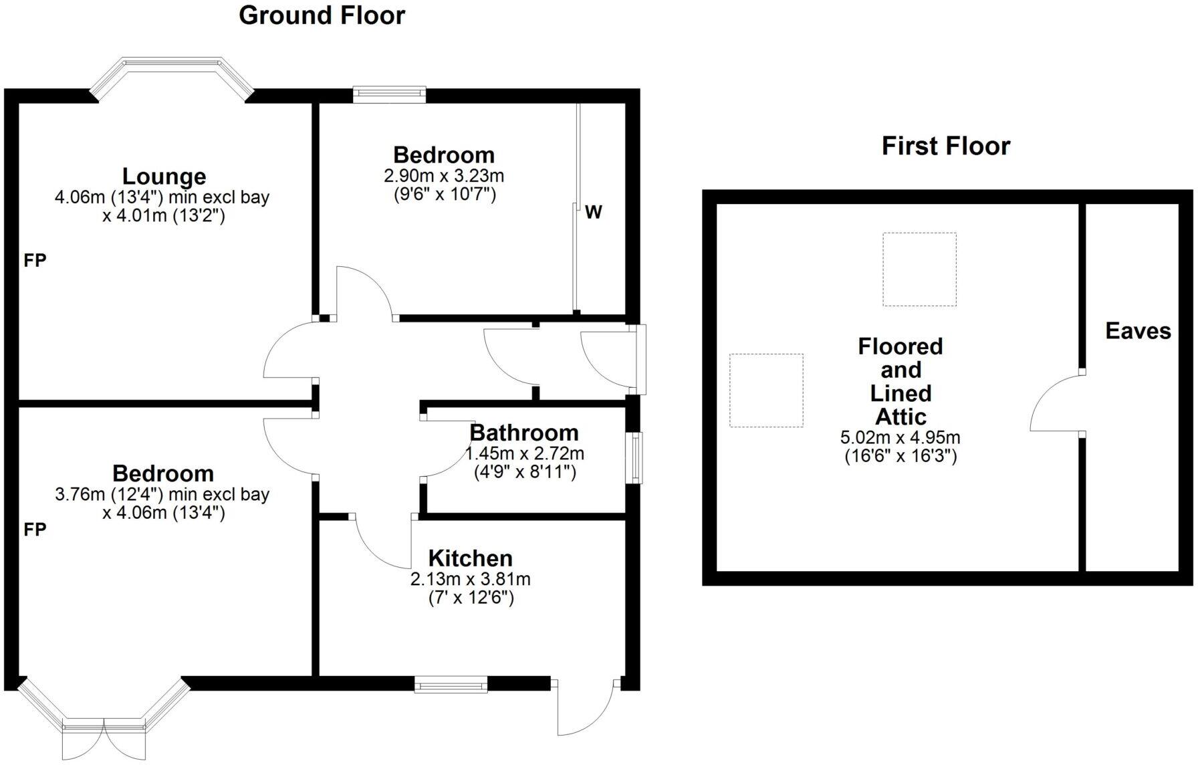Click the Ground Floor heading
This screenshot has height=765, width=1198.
coord(322,15)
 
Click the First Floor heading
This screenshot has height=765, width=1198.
coord(945,146)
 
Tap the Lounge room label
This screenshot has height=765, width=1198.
coord(164,177)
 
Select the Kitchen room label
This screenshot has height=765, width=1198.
coord(470,558)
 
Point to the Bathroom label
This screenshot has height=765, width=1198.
coord(523,433)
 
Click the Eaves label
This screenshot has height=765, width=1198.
coord(1138,331)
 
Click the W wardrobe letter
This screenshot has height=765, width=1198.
coord(594,213)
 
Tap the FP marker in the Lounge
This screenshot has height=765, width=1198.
coord(35,261)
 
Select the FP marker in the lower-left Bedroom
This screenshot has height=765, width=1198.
coord(35,530)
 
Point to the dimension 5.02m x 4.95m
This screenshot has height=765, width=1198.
coord(900,438)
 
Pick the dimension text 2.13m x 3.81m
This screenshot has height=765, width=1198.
coord(470,579)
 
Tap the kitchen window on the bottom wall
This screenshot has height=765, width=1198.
coord(451,683)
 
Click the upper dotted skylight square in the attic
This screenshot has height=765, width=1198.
coord(919,269)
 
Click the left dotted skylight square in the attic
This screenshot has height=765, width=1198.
coord(765,390)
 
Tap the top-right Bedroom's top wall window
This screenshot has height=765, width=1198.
coord(389,94)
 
